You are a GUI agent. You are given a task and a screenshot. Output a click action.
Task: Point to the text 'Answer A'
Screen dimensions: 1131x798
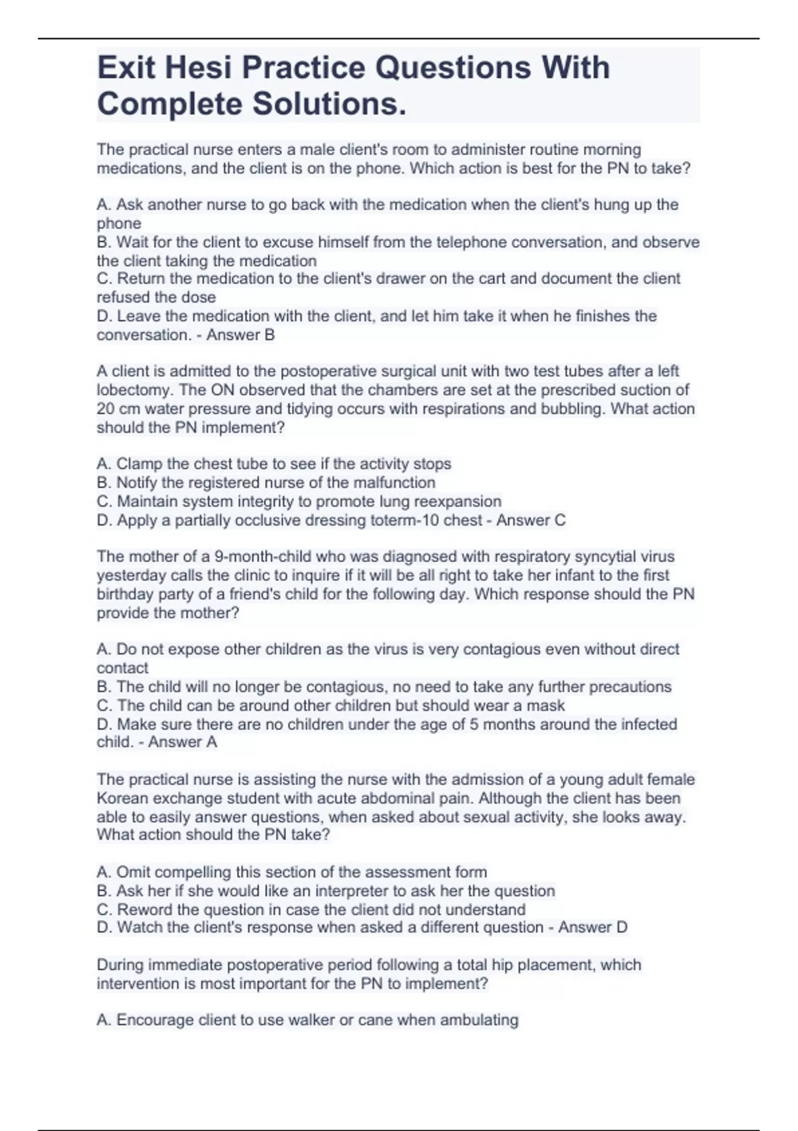point(182,742)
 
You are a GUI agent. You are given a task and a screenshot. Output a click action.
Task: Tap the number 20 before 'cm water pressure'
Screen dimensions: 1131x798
point(106,408)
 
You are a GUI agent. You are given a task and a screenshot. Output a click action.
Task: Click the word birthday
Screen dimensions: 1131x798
point(125,593)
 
